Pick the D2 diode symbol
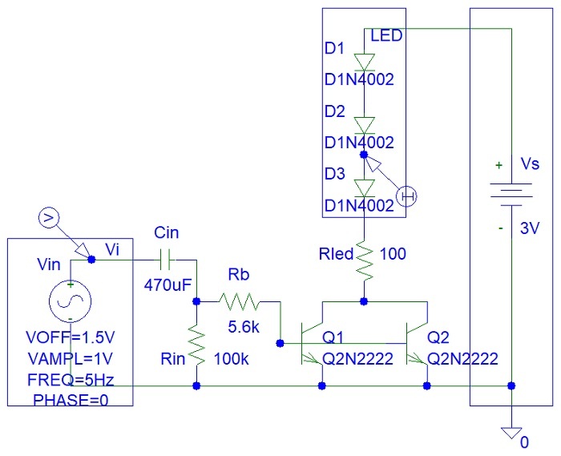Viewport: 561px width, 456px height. (x=365, y=125)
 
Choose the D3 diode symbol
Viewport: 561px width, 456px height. (x=365, y=188)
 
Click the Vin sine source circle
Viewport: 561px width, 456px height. (x=71, y=302)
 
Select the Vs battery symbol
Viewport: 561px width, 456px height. (x=511, y=190)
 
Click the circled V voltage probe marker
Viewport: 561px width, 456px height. (x=48, y=216)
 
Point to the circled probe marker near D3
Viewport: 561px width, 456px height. (x=408, y=195)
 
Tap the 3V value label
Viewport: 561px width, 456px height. (x=530, y=228)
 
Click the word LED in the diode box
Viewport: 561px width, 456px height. (x=386, y=36)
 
